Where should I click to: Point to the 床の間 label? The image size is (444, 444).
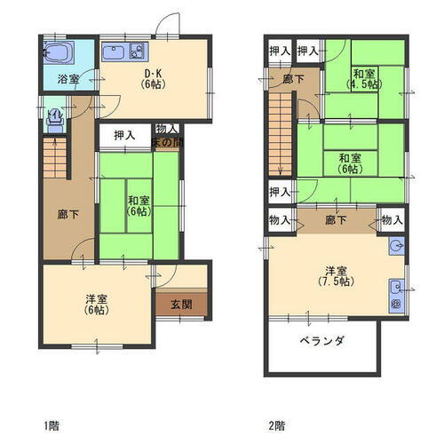click(x=166, y=141)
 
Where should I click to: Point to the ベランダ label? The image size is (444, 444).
click(x=321, y=340)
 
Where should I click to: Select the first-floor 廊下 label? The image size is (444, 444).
click(x=67, y=215)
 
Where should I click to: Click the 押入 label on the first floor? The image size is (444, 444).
click(x=124, y=137)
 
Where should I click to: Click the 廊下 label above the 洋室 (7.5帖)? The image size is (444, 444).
click(x=336, y=220)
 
